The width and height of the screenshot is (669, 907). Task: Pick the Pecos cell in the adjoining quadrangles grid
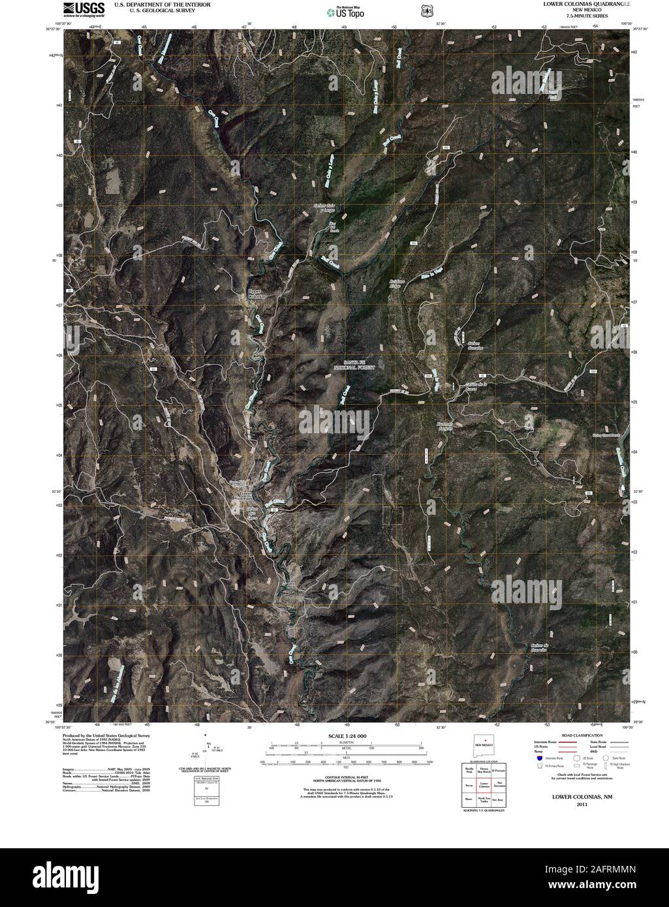click(x=469, y=785)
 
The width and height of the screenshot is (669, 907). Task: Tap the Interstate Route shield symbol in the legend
click(x=538, y=758)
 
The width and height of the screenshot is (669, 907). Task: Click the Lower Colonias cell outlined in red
click(x=484, y=785)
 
